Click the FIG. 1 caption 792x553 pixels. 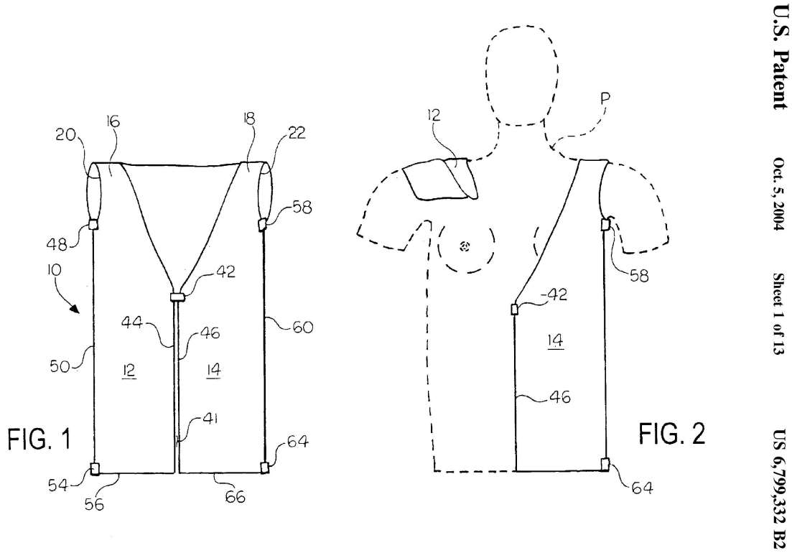coord(39,439)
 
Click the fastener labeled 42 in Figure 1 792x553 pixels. coord(177,297)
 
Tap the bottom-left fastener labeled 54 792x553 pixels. coord(95,469)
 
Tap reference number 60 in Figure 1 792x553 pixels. coord(302,327)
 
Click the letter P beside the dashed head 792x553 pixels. coord(605,99)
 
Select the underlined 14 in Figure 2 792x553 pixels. coord(554,341)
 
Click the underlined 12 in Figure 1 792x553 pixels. coord(129,371)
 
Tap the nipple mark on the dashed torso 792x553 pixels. coord(465,246)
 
